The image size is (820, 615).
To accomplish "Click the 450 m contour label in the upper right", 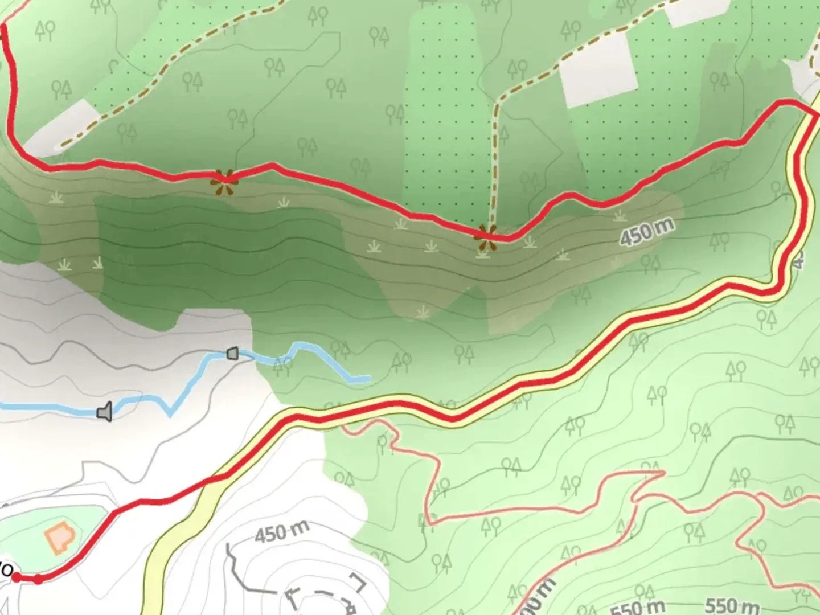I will (647, 232).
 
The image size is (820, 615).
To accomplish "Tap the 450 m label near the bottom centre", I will (282, 532).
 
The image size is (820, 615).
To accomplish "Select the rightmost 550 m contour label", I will (732, 605).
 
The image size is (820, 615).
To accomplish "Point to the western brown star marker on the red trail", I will (224, 181).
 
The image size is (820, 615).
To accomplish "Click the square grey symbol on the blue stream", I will (232, 354).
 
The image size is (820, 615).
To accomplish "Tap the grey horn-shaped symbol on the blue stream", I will (105, 412).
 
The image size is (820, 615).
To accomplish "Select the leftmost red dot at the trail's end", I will (17, 577).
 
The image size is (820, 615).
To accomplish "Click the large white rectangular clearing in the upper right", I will (598, 69).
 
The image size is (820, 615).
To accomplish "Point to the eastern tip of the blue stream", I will (368, 378).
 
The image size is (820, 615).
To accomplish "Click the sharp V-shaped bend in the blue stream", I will (170, 414).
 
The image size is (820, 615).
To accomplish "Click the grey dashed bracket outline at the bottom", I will (325, 595).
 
